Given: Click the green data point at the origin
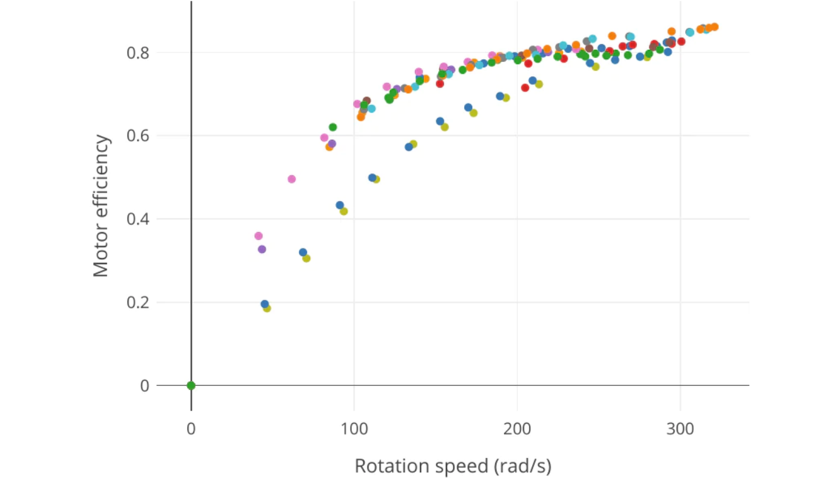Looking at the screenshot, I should [x=191, y=385].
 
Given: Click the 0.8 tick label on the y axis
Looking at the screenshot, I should [x=138, y=53].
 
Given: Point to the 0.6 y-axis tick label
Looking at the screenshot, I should [x=138, y=136].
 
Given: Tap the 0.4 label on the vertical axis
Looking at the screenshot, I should [x=138, y=219].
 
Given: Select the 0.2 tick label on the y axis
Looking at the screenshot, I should [x=138, y=303].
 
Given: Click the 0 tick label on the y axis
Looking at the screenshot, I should [x=145, y=386].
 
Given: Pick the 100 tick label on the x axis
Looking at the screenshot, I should [x=354, y=429].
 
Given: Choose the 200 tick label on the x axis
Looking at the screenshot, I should [x=517, y=429].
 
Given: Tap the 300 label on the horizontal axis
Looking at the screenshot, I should [x=680, y=429].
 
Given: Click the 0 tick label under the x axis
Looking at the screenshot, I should [x=191, y=429].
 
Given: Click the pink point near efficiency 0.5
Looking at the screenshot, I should [x=291, y=179].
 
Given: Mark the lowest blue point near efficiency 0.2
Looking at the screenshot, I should [x=265, y=304].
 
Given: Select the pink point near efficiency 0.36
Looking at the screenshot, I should [x=258, y=236].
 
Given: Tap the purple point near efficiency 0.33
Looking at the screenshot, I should [x=262, y=249].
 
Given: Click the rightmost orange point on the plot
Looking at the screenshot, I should [x=715, y=26].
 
